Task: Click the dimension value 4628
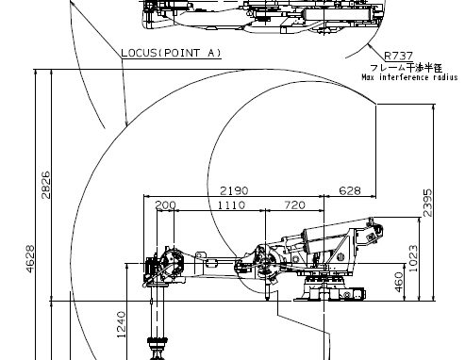click(x=30, y=259)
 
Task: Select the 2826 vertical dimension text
click(x=46, y=185)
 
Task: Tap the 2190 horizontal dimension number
click(x=234, y=190)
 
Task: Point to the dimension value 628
click(x=350, y=190)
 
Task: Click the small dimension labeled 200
click(x=166, y=205)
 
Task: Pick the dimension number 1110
click(x=231, y=205)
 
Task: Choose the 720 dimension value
click(x=294, y=205)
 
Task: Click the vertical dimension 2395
click(x=427, y=203)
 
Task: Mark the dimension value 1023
click(x=413, y=258)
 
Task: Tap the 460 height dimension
click(x=398, y=282)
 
